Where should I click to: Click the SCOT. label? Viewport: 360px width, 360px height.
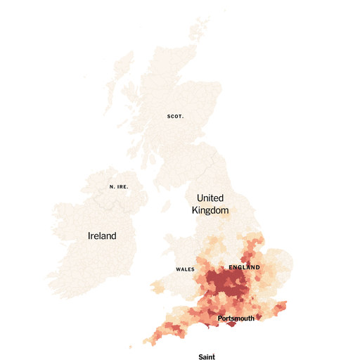(175, 116)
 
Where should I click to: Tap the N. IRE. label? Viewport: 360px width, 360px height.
(117, 186)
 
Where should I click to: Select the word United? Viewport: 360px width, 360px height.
(210, 198)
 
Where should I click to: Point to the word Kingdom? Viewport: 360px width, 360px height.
(211, 210)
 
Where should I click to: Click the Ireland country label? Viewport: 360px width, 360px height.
(102, 236)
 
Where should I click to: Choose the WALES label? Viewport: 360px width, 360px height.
(185, 269)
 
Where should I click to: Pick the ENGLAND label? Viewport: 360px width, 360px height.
(244, 268)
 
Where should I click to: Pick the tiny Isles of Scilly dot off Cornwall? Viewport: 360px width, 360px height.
(131, 347)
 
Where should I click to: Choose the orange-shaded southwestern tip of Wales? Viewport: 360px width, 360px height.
(154, 288)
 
